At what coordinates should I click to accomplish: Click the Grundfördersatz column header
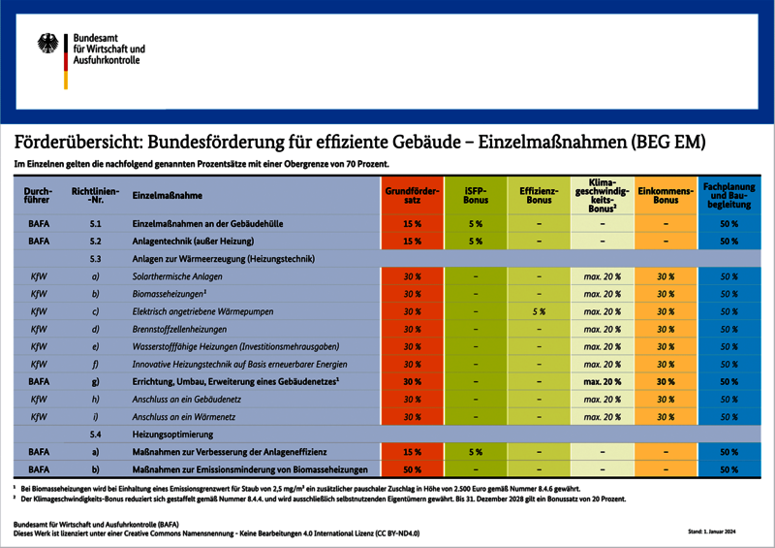point(414,195)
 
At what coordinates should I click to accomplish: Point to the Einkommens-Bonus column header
point(665,195)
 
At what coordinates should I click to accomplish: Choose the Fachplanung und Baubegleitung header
point(729,194)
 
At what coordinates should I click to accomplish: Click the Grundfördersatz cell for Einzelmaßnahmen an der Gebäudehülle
point(414,224)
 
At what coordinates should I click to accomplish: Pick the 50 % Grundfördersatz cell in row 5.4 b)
point(414,469)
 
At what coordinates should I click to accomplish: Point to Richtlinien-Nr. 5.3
point(95,259)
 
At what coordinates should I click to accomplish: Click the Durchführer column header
point(39,195)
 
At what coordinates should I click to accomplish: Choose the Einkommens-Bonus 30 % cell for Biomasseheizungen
point(665,294)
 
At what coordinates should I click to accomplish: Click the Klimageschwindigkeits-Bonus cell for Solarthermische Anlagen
point(601,276)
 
